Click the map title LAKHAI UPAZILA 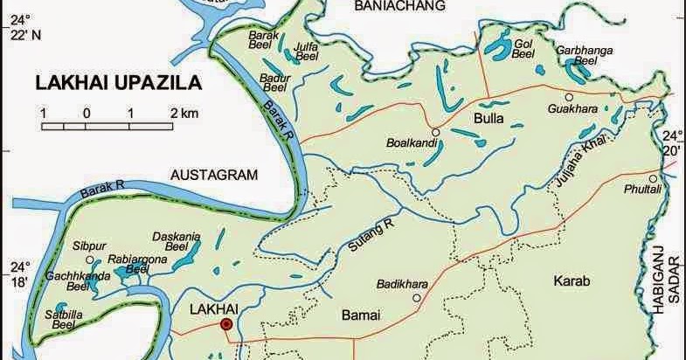[118, 85]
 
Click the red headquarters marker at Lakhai [227, 324]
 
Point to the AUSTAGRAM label [215, 174]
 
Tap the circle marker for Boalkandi [434, 132]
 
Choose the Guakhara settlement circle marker [569, 97]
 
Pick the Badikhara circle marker [417, 298]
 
